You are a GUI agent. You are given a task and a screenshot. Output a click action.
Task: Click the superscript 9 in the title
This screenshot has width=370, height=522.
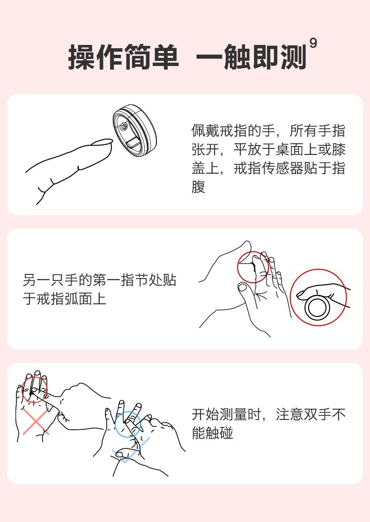coord(313,43)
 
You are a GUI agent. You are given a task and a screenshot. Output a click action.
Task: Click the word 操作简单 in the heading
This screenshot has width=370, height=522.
coord(123,57)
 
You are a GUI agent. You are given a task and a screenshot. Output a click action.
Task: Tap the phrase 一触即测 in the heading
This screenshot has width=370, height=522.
coord(251,57)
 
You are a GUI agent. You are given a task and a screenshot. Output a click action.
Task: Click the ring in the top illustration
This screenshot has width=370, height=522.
coord(135,130)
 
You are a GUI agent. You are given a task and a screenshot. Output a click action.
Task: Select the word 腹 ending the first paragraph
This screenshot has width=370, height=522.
coord(199,187)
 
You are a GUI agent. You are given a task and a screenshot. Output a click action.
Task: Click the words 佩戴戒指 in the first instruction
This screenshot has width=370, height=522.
coord(220,131)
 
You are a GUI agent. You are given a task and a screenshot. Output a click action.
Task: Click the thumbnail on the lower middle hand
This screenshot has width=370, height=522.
coord(242,287)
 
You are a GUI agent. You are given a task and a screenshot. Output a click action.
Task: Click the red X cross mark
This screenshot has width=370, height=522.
coord(36,421)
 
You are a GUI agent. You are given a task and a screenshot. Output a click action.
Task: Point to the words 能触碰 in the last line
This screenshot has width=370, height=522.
coord(213,433)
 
